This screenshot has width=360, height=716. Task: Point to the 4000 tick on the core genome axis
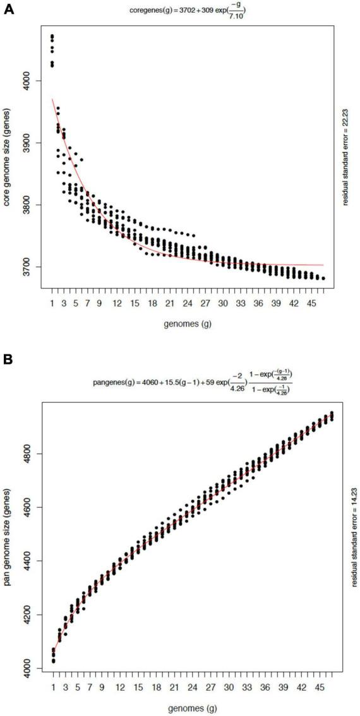32,81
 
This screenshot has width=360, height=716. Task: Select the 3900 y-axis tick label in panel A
32,143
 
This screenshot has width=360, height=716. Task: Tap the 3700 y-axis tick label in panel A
32,267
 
